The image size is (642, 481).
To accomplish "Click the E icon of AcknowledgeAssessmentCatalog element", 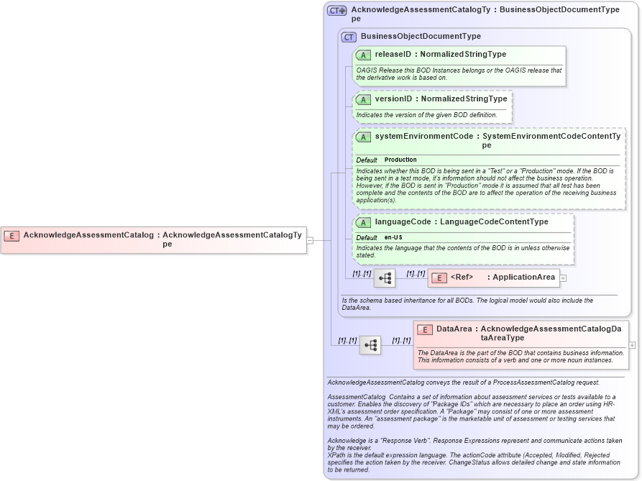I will (x=12, y=235).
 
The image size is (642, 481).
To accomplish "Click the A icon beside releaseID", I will (x=364, y=55).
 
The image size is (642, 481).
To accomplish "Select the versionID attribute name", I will (x=393, y=99).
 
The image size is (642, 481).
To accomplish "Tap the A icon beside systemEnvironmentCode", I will (x=364, y=137).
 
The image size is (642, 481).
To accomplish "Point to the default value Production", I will (x=400, y=160).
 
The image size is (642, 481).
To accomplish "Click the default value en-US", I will (x=393, y=237).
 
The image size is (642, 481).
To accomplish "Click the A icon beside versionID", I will (x=364, y=99).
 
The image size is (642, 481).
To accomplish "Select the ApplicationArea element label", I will (x=523, y=277).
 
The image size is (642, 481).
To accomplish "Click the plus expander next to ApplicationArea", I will (x=563, y=278).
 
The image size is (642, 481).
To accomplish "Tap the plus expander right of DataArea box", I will (x=632, y=345).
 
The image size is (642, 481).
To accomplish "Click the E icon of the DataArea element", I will (x=425, y=330).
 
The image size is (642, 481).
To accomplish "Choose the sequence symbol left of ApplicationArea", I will (x=385, y=278).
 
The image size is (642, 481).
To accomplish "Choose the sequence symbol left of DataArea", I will (x=370, y=345).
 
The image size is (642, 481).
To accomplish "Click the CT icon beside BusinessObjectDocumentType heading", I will (x=349, y=37).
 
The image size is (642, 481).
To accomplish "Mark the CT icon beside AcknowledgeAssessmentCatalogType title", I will (x=336, y=11).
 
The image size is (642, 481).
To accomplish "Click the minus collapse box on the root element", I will (x=310, y=240).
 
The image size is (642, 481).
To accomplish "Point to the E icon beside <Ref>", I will (x=439, y=278).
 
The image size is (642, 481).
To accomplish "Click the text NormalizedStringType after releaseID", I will (x=463, y=54).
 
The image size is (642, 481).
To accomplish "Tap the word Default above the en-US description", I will (x=367, y=237).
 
